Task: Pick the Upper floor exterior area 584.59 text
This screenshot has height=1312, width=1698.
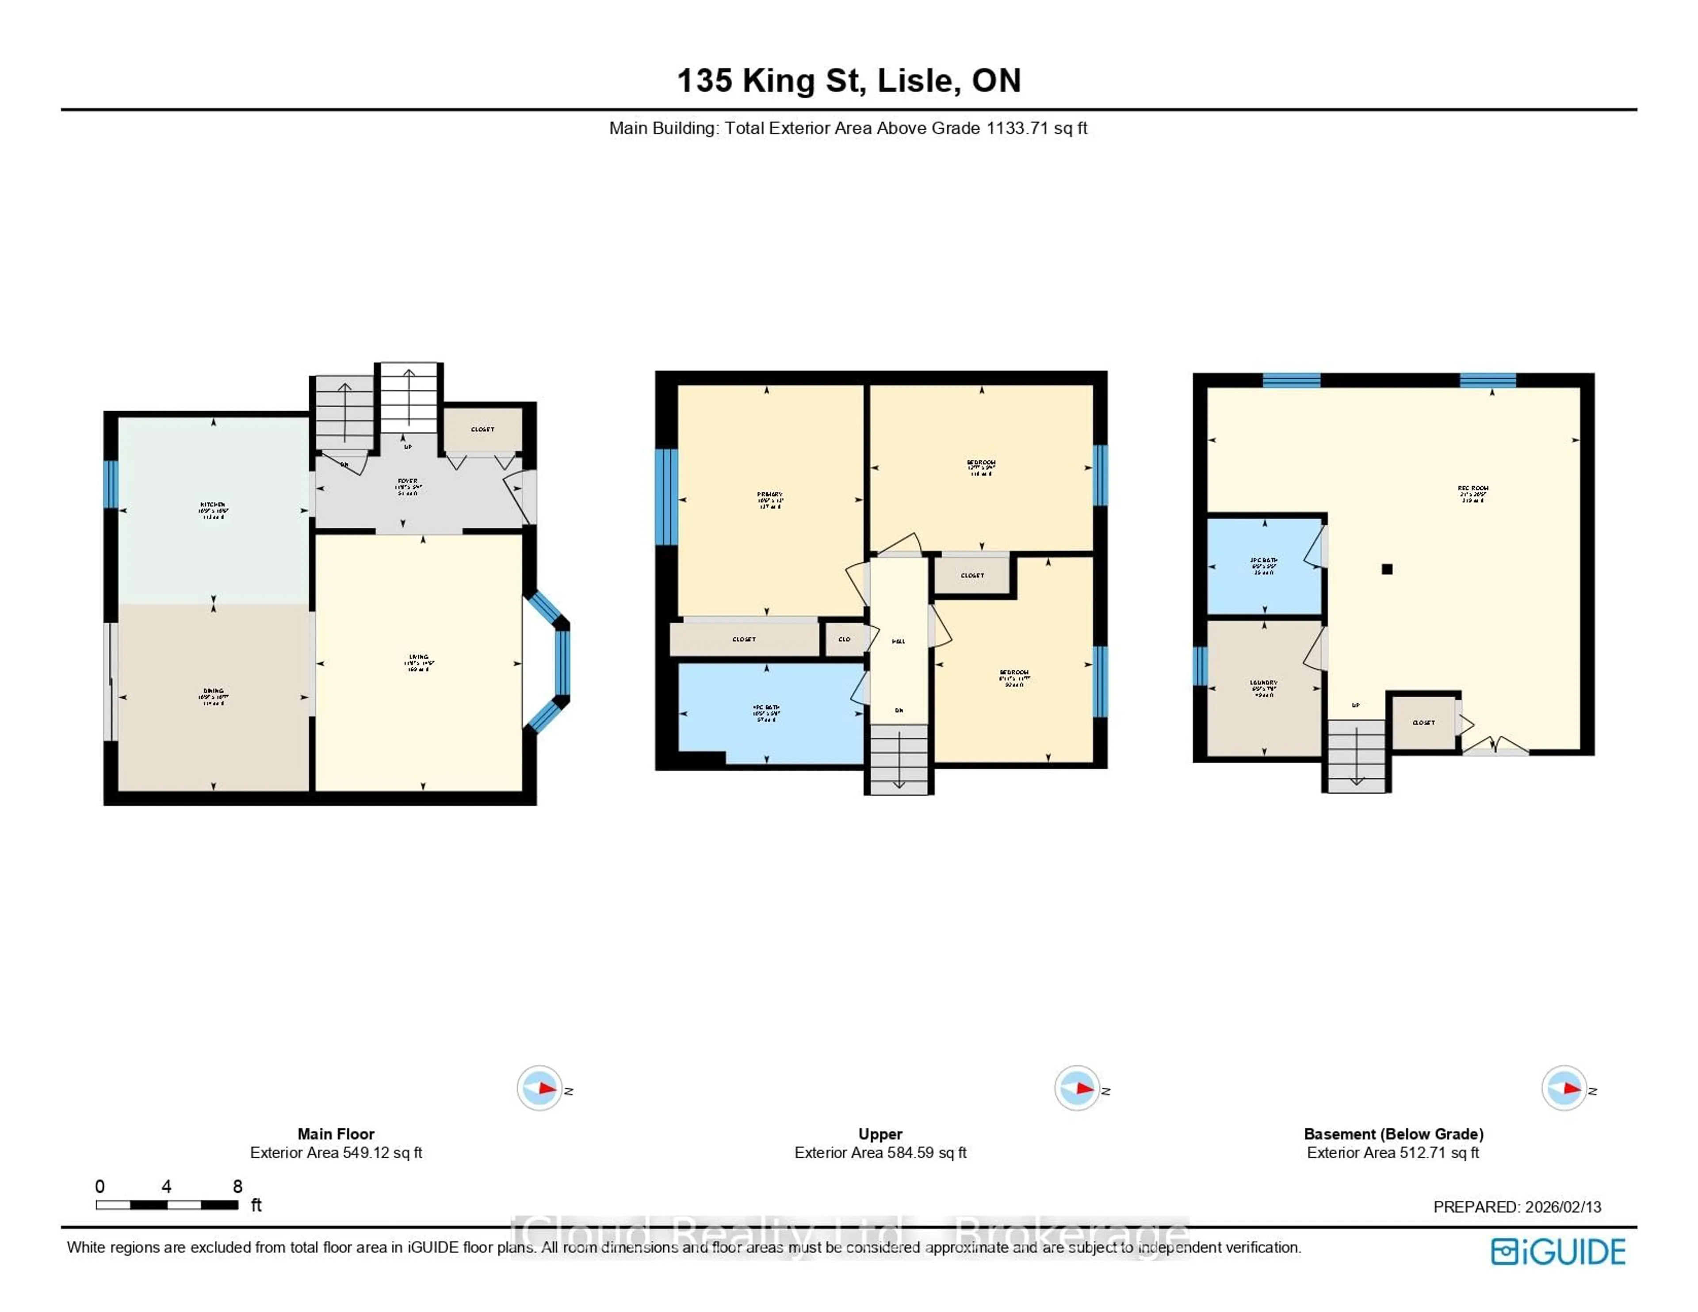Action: coord(880,1152)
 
